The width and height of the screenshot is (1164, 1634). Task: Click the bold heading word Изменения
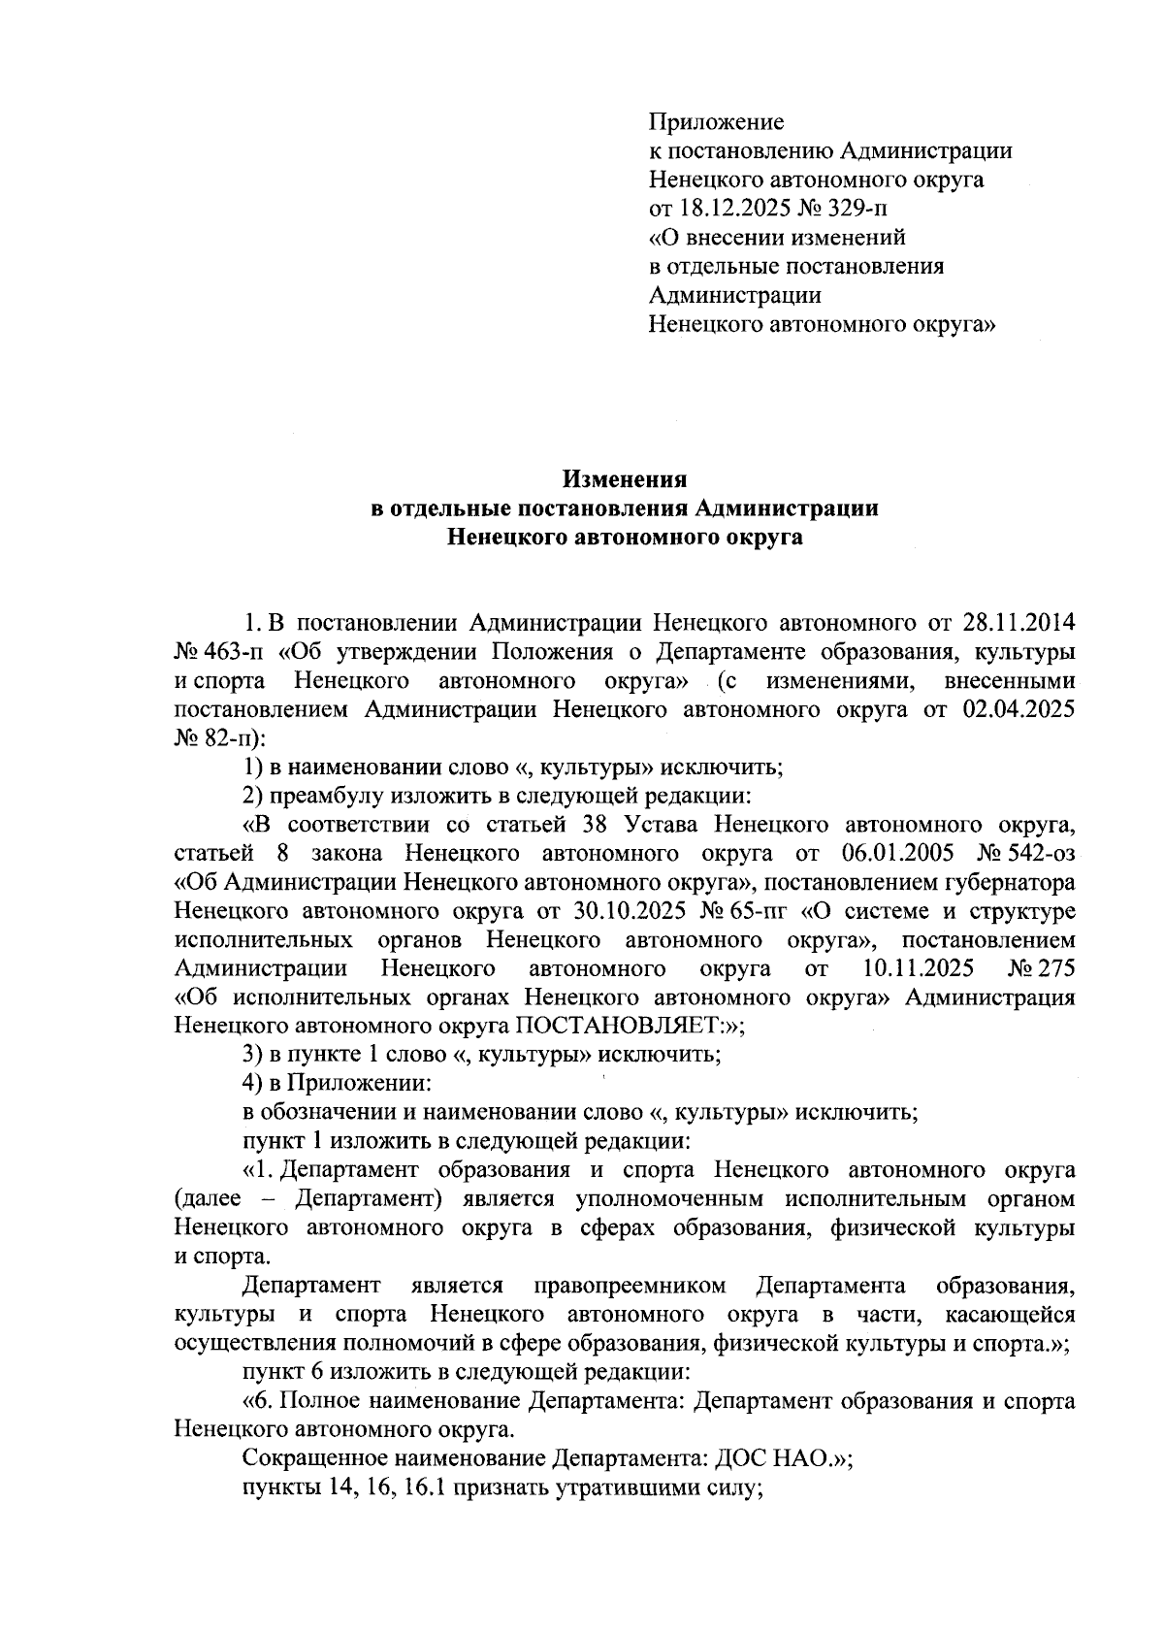(626, 478)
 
